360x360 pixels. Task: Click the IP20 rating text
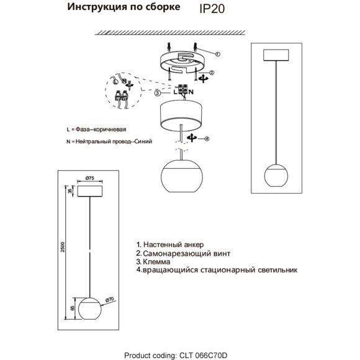click(x=212, y=9)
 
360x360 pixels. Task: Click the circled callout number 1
click(x=218, y=54)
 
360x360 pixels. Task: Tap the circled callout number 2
click(x=212, y=73)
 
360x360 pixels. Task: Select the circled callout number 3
click(x=158, y=93)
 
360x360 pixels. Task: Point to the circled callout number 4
click(x=207, y=138)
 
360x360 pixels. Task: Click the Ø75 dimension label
click(x=90, y=178)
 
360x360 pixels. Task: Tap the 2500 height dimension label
click(x=63, y=247)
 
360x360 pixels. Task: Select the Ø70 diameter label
click(x=109, y=300)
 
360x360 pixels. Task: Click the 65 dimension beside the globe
click(x=72, y=308)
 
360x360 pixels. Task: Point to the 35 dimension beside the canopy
click(x=71, y=191)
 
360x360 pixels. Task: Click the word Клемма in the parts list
click(x=156, y=262)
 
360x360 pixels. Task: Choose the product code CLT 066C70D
click(x=203, y=356)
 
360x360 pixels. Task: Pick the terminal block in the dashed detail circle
click(x=121, y=97)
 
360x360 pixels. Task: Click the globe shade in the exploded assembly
click(x=182, y=176)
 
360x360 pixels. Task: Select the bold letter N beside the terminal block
click(x=191, y=92)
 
